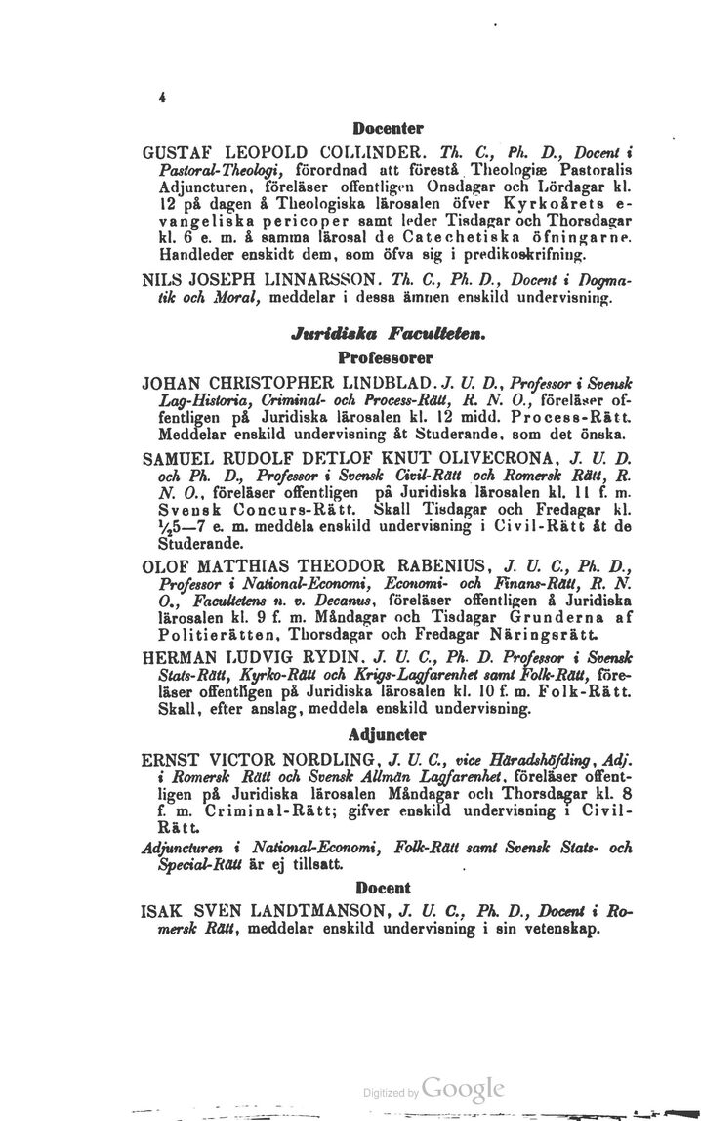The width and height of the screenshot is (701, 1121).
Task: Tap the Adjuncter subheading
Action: point(387,732)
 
